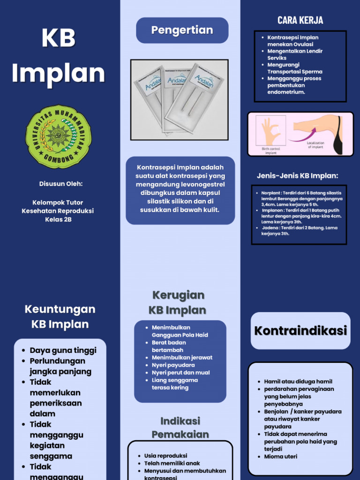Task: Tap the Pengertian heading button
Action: (182, 30)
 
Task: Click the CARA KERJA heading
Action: (300, 20)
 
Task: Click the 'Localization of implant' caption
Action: (315, 145)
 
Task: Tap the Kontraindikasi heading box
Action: (300, 331)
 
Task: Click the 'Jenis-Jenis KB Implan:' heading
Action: (297, 176)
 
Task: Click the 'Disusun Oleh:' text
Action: (61, 184)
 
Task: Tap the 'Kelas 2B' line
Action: (58, 219)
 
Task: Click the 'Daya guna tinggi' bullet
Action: (63, 350)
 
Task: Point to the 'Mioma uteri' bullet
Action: (280, 456)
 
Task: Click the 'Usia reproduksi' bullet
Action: (165, 456)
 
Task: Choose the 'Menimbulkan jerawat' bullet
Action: (182, 357)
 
